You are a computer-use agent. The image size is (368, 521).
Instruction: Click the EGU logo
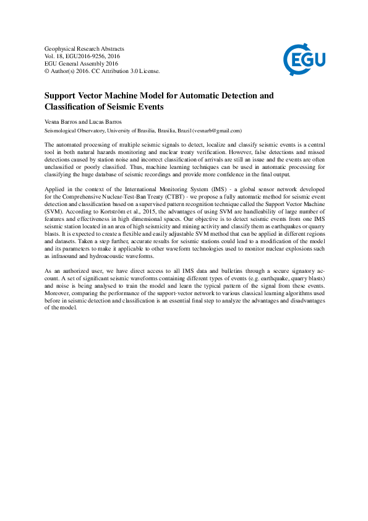click(304, 59)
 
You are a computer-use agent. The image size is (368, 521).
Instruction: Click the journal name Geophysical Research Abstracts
click(84, 48)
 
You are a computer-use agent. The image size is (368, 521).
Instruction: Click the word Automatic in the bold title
click(189, 96)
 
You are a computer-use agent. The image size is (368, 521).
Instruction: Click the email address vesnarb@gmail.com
click(216, 131)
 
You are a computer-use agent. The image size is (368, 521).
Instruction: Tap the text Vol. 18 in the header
click(54, 56)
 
